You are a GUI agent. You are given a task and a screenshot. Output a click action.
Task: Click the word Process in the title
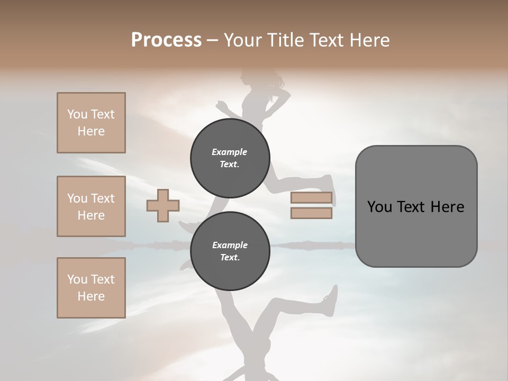[166, 40]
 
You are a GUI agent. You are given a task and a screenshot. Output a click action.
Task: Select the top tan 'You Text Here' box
[91, 123]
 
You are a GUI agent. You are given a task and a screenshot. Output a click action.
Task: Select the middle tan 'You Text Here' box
[91, 206]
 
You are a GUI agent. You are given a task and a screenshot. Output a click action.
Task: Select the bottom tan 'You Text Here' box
[91, 288]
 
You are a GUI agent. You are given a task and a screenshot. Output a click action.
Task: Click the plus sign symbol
[163, 205]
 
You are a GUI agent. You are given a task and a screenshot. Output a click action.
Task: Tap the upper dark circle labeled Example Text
[230, 158]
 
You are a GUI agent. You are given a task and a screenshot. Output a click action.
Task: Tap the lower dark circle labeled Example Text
[230, 251]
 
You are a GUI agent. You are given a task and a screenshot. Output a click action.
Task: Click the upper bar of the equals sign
[311, 198]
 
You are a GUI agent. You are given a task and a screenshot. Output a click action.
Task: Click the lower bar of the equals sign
[311, 213]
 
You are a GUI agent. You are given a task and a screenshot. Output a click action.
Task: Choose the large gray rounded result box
[416, 206]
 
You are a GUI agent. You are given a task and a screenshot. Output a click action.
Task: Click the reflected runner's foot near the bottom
[330, 300]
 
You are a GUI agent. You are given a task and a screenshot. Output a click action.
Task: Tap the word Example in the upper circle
[230, 152]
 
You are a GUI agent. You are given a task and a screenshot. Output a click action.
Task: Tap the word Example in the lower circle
[230, 245]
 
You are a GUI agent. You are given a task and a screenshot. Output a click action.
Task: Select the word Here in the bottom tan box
[91, 296]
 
